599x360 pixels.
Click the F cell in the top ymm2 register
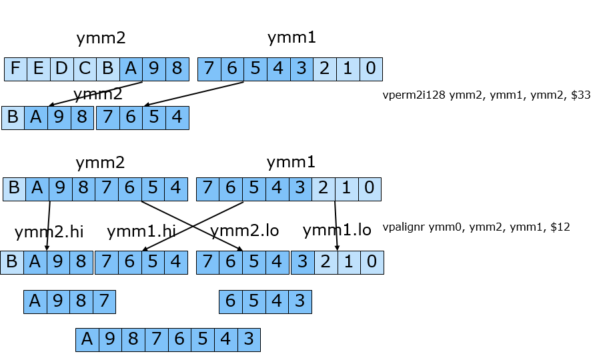pyautogui.click(x=15, y=69)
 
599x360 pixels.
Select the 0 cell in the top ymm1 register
pyautogui.click(x=370, y=69)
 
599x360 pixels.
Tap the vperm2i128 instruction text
pyautogui.click(x=486, y=95)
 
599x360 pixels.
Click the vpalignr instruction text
pyautogui.click(x=476, y=227)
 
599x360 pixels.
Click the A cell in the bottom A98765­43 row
pyautogui.click(x=87, y=340)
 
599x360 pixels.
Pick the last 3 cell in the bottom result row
pyautogui.click(x=248, y=340)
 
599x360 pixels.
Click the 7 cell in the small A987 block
pyautogui.click(x=104, y=302)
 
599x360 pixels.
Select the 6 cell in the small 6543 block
pyautogui.click(x=231, y=302)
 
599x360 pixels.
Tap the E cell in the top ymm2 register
pyautogui.click(x=38, y=69)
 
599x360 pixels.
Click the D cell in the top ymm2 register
pyautogui.click(x=61, y=69)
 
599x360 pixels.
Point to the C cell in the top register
pyautogui.click(x=85, y=69)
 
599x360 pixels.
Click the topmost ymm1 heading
pyautogui.click(x=291, y=38)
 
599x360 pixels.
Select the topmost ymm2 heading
pyautogui.click(x=101, y=38)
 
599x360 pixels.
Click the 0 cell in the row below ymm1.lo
pyautogui.click(x=372, y=263)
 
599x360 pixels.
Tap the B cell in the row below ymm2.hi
pyautogui.click(x=12, y=263)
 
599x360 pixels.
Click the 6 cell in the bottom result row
pyautogui.click(x=179, y=340)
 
